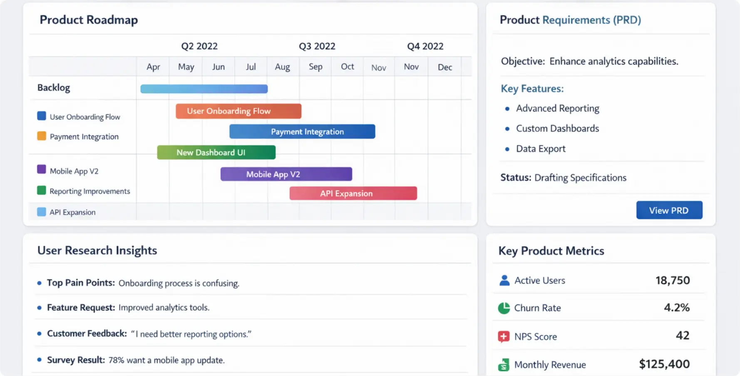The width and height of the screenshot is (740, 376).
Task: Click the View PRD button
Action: click(x=669, y=210)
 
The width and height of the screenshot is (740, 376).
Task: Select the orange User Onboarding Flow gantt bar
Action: click(x=238, y=111)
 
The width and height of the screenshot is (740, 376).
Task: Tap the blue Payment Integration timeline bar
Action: click(x=302, y=132)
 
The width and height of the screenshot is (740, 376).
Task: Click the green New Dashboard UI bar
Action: click(x=216, y=152)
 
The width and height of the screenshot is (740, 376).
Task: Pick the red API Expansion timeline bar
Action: click(x=353, y=193)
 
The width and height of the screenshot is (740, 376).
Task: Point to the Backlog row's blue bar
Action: click(x=204, y=89)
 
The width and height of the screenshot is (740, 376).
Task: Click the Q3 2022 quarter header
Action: click(x=317, y=46)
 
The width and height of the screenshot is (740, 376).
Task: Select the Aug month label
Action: click(x=282, y=67)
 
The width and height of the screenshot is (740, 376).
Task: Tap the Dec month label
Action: click(x=444, y=67)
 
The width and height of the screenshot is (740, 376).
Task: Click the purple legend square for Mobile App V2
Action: click(x=42, y=169)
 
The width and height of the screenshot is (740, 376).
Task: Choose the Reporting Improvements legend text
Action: click(x=89, y=191)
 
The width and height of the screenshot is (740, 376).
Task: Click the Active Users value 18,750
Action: click(x=672, y=280)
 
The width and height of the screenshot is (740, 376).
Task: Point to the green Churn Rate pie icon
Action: click(x=504, y=308)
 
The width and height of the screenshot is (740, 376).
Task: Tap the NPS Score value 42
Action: click(x=682, y=336)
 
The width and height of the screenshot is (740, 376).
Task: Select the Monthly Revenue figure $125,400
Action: click(x=664, y=364)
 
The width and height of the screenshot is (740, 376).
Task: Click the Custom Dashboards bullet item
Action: click(x=557, y=129)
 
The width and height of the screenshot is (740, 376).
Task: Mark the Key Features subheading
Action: click(x=532, y=89)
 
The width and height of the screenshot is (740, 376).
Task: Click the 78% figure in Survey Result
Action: click(x=116, y=360)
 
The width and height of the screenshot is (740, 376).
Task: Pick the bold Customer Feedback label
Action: click(x=87, y=334)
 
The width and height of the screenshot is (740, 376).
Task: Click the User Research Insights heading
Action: click(x=97, y=250)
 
